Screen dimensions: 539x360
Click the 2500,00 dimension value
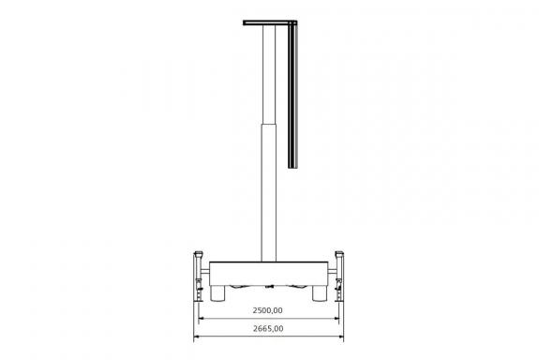pyautogui.click(x=267, y=310)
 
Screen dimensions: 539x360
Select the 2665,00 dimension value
pyautogui.click(x=268, y=329)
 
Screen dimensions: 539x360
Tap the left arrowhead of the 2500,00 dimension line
pyautogui.click(x=202, y=319)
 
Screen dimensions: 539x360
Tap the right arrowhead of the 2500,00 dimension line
pyautogui.click(x=336, y=319)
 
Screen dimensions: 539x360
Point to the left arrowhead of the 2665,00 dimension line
pyautogui.click(x=197, y=337)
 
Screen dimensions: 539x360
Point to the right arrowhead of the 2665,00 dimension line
pyautogui.click(x=340, y=337)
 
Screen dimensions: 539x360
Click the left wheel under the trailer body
pyautogui.click(x=217, y=293)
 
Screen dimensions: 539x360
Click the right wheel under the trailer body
pyautogui.click(x=320, y=293)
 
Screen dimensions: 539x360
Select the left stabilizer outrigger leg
pyautogui.click(x=199, y=277)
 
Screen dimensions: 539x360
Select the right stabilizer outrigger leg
pyautogui.click(x=339, y=277)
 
